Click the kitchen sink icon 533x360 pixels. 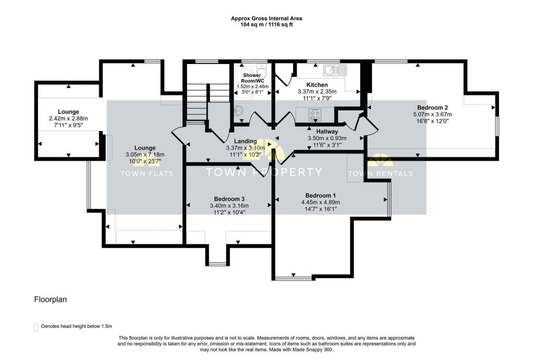(x=334, y=70)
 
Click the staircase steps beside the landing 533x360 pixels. (x=197, y=104)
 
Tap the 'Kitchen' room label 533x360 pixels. (x=316, y=85)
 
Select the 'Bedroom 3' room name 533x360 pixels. (x=229, y=199)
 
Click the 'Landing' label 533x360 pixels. (x=245, y=141)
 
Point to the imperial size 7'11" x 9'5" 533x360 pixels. (x=68, y=125)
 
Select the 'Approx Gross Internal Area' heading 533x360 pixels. (x=266, y=18)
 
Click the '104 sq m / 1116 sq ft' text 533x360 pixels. (x=266, y=24)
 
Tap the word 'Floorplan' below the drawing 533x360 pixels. (x=50, y=300)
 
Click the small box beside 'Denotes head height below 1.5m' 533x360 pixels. (x=36, y=327)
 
